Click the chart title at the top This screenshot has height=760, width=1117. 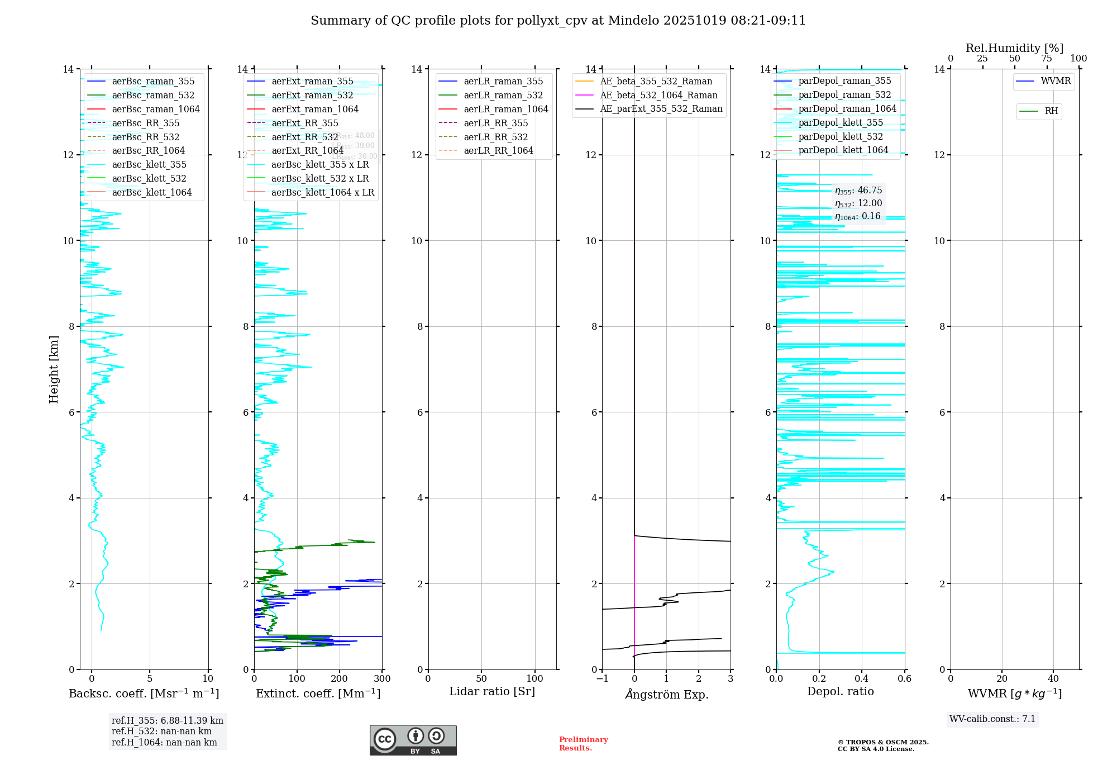coord(558,21)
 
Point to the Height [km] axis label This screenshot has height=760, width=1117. coord(54,369)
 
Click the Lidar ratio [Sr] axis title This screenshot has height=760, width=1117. coord(492,692)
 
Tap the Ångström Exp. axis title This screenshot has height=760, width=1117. coord(666,695)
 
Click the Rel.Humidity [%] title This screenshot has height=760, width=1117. coord(1014,48)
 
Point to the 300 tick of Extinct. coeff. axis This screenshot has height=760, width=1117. coord(383,679)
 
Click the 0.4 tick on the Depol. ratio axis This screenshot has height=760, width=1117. coord(862,679)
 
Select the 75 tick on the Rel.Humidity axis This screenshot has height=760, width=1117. coord(1047,59)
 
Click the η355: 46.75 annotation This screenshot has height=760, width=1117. coord(858,191)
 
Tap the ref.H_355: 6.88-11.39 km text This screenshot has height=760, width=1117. coord(168,721)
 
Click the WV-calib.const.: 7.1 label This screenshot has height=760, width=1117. coord(992,719)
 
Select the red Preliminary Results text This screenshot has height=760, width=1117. coord(583,744)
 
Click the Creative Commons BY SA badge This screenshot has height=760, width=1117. coord(413,740)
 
